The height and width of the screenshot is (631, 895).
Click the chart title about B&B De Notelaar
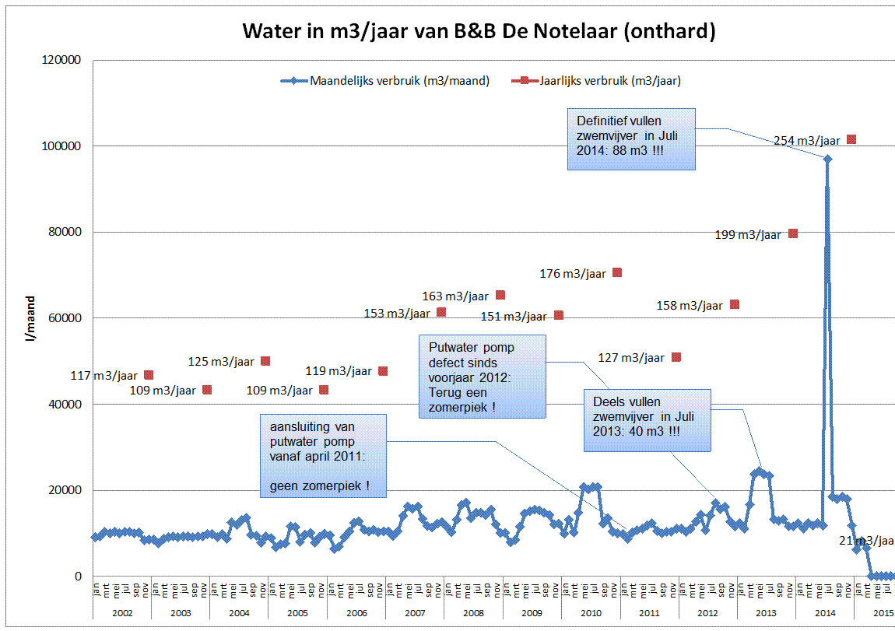coord(479,31)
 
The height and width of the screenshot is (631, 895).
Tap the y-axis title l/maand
coord(31,318)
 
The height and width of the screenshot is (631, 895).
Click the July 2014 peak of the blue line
coord(827,159)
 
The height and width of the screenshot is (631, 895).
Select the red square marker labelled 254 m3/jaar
coord(851,139)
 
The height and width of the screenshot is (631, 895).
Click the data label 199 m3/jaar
coord(747,235)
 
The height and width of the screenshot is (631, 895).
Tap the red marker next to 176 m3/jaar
coord(617,272)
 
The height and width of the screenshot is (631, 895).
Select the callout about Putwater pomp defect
coord(482,377)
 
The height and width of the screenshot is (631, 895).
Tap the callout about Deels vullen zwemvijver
coord(648,420)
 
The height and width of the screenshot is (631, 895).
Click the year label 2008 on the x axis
coord(472,613)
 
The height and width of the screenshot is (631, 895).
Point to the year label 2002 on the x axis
coord(121,613)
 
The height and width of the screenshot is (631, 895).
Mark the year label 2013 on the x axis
coord(766,613)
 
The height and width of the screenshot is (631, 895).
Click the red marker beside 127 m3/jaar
coord(676,357)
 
